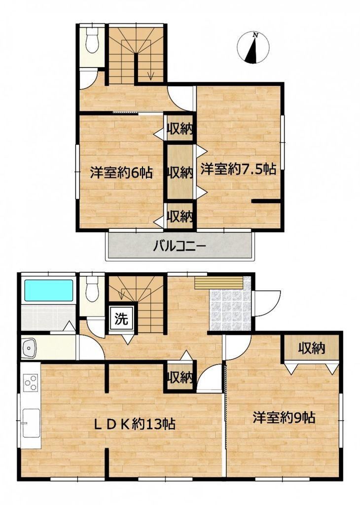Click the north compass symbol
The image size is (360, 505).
click(x=253, y=47)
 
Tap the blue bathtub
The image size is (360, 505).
click(x=49, y=290)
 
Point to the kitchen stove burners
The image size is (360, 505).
click(x=31, y=383)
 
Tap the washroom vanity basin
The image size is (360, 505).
click(x=29, y=348)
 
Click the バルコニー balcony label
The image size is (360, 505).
click(x=179, y=248)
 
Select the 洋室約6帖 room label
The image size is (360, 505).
click(x=121, y=173)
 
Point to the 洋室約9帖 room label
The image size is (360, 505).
click(x=284, y=418)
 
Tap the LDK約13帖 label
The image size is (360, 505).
click(x=134, y=424)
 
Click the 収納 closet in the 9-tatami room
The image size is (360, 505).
click(x=311, y=348)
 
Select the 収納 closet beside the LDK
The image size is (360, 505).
click(x=180, y=377)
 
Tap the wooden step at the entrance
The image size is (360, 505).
click(x=218, y=283)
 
